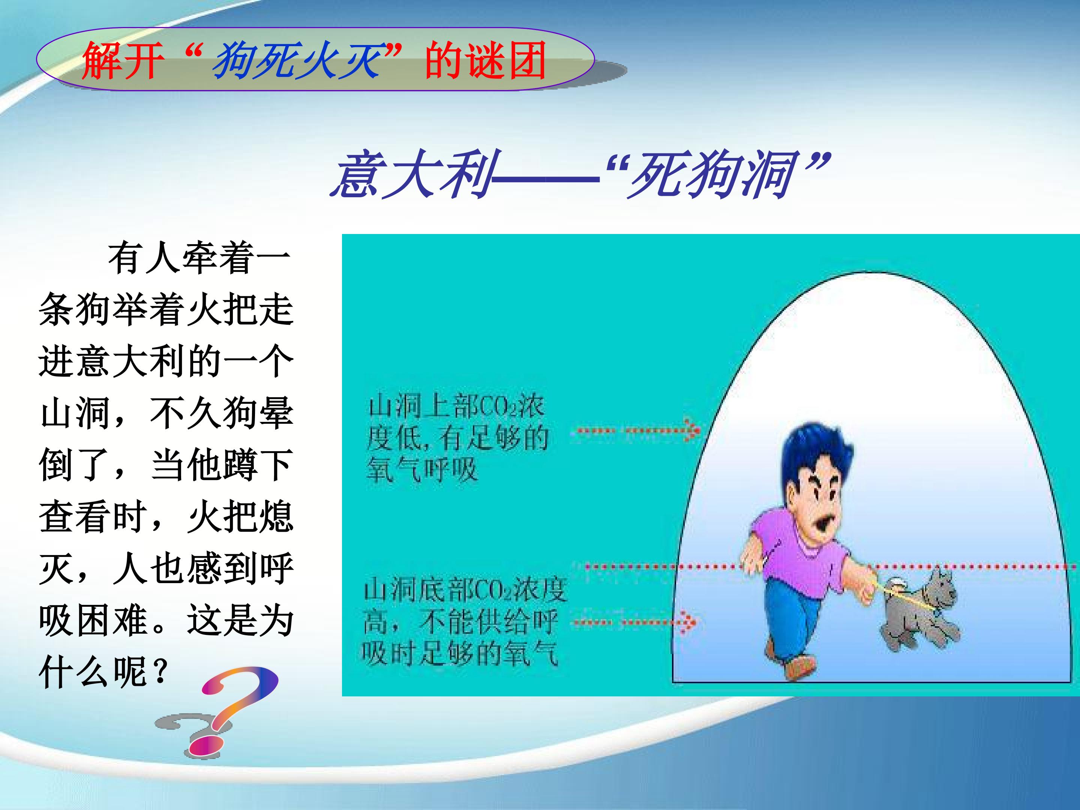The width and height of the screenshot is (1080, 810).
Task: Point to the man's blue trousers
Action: point(801,620)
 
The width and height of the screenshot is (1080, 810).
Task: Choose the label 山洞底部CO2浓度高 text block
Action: point(464,623)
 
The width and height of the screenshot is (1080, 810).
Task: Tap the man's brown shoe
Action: point(801,666)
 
